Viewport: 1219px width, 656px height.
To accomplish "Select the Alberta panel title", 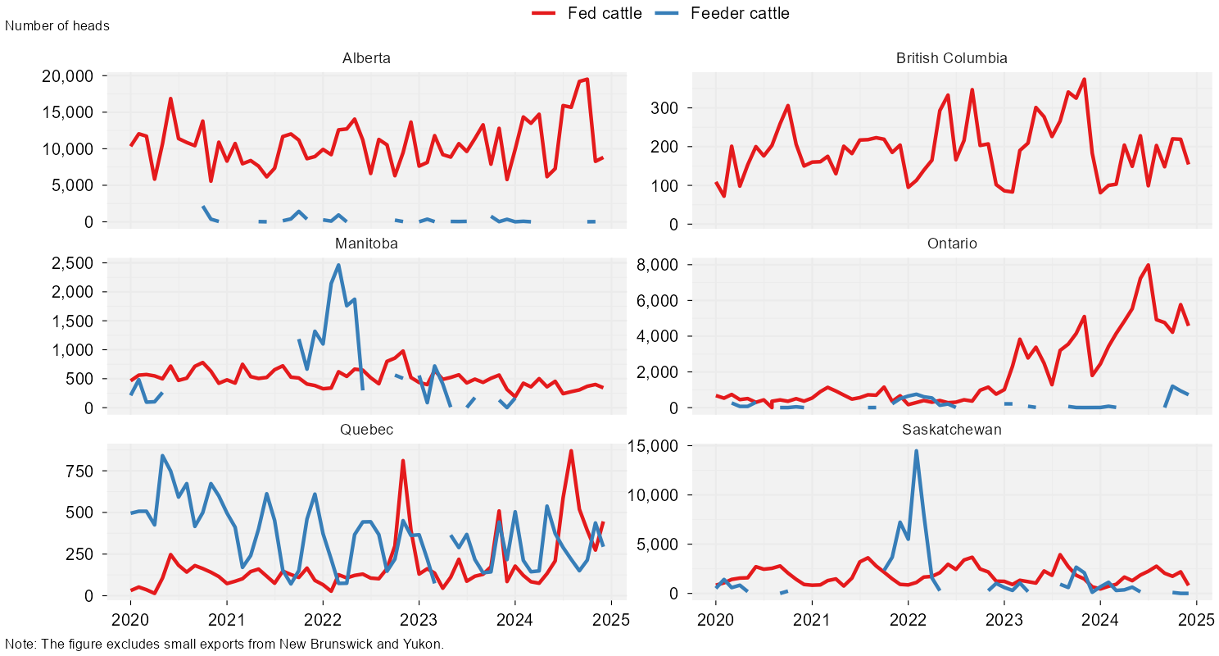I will tap(366, 58).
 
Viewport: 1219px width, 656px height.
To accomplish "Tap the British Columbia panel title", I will tap(951, 58).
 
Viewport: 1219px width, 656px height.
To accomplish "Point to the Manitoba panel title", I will tap(366, 244).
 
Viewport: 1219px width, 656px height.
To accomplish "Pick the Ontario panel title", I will tap(951, 244).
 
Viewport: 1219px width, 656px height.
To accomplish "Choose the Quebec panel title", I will tap(366, 430).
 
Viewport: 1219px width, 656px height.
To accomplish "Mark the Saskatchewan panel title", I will tap(951, 430).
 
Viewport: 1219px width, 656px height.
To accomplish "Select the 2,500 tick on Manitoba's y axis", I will tap(72, 263).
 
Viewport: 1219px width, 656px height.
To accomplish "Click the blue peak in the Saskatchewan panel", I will tap(916, 451).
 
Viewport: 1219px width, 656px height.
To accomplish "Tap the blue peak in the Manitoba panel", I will tap(338, 265).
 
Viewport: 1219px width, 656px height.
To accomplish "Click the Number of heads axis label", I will tap(57, 25).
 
